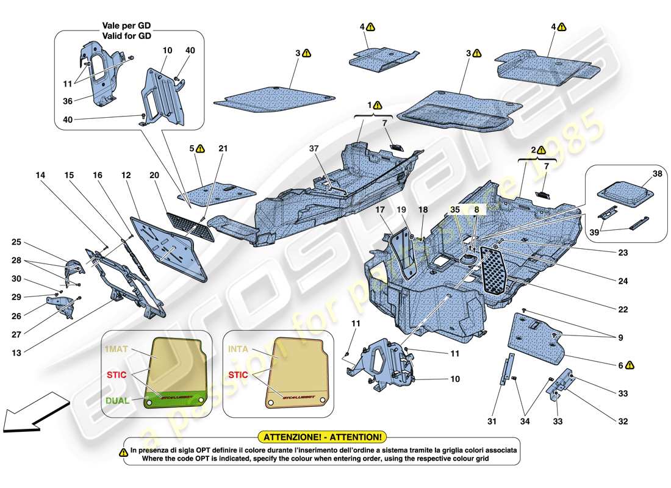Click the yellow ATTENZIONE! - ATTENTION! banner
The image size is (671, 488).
[x=323, y=437]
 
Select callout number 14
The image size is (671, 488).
[x=41, y=176]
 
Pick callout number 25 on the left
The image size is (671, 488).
[x=16, y=243]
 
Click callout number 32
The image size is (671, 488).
[x=622, y=422]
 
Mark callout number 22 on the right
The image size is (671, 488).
[x=622, y=310]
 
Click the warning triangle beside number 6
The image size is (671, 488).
[x=630, y=365]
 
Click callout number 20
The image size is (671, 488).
[x=154, y=176]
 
